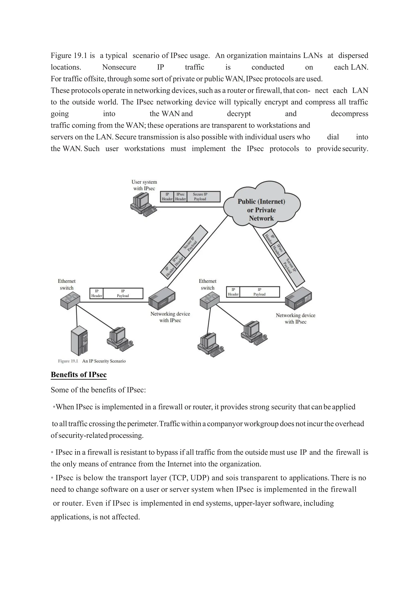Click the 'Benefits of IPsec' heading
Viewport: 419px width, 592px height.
click(x=79, y=374)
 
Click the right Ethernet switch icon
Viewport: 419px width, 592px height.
click(x=209, y=301)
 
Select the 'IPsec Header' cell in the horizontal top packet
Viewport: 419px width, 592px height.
click(x=180, y=197)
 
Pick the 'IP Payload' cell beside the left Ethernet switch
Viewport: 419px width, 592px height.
click(x=123, y=293)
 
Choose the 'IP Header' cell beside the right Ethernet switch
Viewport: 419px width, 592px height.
click(x=233, y=292)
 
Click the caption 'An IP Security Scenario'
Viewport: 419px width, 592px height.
click(x=104, y=361)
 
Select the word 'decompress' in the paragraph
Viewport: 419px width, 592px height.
click(x=349, y=114)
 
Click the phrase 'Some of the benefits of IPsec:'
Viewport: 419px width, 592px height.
click(x=98, y=390)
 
